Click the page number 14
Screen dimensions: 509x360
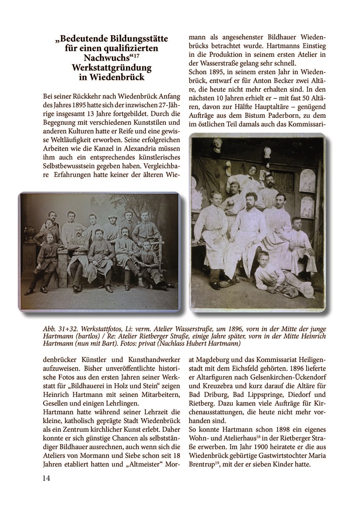46,478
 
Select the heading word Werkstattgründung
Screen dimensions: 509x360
112,68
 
